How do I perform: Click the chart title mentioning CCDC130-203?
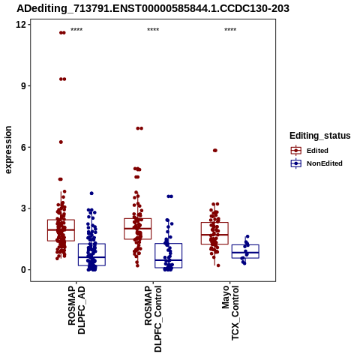pos(153,8)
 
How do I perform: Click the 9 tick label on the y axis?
pos(24,85)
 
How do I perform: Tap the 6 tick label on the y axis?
pos(24,147)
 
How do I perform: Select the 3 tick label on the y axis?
pos(24,208)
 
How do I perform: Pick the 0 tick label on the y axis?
pos(24,270)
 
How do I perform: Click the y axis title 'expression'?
pos(8,150)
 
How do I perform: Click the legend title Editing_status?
pos(320,136)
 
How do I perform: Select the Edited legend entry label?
pos(317,151)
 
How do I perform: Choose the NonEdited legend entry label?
pos(325,163)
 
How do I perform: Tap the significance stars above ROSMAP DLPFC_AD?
pos(76,30)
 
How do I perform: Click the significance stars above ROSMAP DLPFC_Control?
pos(153,30)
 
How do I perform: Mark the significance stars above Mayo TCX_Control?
pos(230,30)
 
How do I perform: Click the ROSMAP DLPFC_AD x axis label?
pos(76,310)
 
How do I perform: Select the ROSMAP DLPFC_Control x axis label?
pos(153,319)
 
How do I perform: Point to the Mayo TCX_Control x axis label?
pos(230,313)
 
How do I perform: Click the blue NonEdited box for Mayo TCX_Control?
pos(245,251)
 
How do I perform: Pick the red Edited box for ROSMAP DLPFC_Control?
pos(138,229)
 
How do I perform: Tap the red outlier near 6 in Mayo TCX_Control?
pos(215,151)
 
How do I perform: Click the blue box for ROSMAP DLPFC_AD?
pos(91,254)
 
